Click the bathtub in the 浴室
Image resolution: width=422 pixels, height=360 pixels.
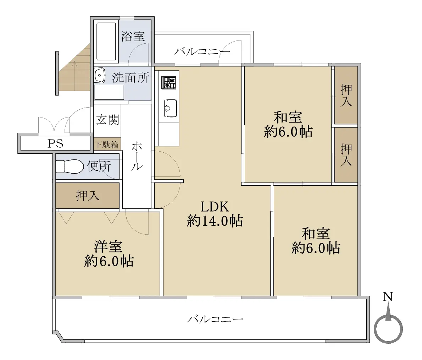[x=106, y=42]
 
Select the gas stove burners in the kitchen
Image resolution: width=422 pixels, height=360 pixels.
[x=169, y=82]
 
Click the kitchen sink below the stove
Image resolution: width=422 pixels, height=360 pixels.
[x=171, y=108]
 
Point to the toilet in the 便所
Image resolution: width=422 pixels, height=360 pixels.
[x=70, y=167]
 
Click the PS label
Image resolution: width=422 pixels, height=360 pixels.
[x=55, y=143]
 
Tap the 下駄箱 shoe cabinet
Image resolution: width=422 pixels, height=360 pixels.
[x=107, y=144]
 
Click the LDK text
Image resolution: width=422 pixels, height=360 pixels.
[x=215, y=207]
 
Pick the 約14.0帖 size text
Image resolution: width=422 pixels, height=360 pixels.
[x=215, y=221]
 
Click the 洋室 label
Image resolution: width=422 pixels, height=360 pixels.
[x=108, y=246]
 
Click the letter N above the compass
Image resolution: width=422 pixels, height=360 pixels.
[x=388, y=297]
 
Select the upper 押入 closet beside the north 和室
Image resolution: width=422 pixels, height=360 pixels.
[x=346, y=95]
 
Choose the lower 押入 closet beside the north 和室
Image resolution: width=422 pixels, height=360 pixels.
[x=346, y=155]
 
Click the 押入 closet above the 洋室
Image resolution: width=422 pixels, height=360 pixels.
[x=88, y=195]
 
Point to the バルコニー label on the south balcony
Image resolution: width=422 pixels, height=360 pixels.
[x=215, y=319]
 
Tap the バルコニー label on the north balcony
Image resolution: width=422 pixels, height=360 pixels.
[x=202, y=51]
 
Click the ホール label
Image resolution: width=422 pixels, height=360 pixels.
[x=137, y=156]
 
